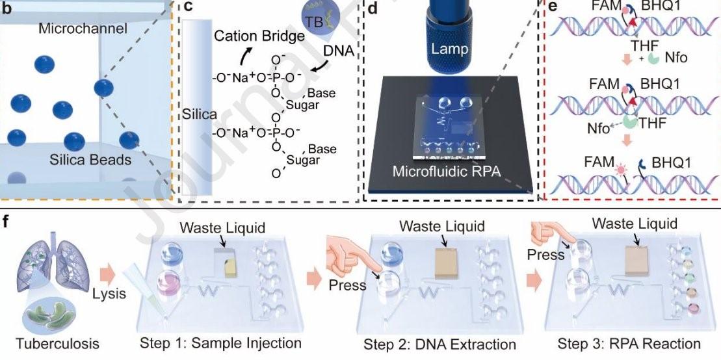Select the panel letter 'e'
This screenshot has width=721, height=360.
point(553,6)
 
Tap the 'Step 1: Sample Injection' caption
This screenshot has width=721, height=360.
point(220,343)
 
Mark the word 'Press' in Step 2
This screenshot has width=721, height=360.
point(348,285)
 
